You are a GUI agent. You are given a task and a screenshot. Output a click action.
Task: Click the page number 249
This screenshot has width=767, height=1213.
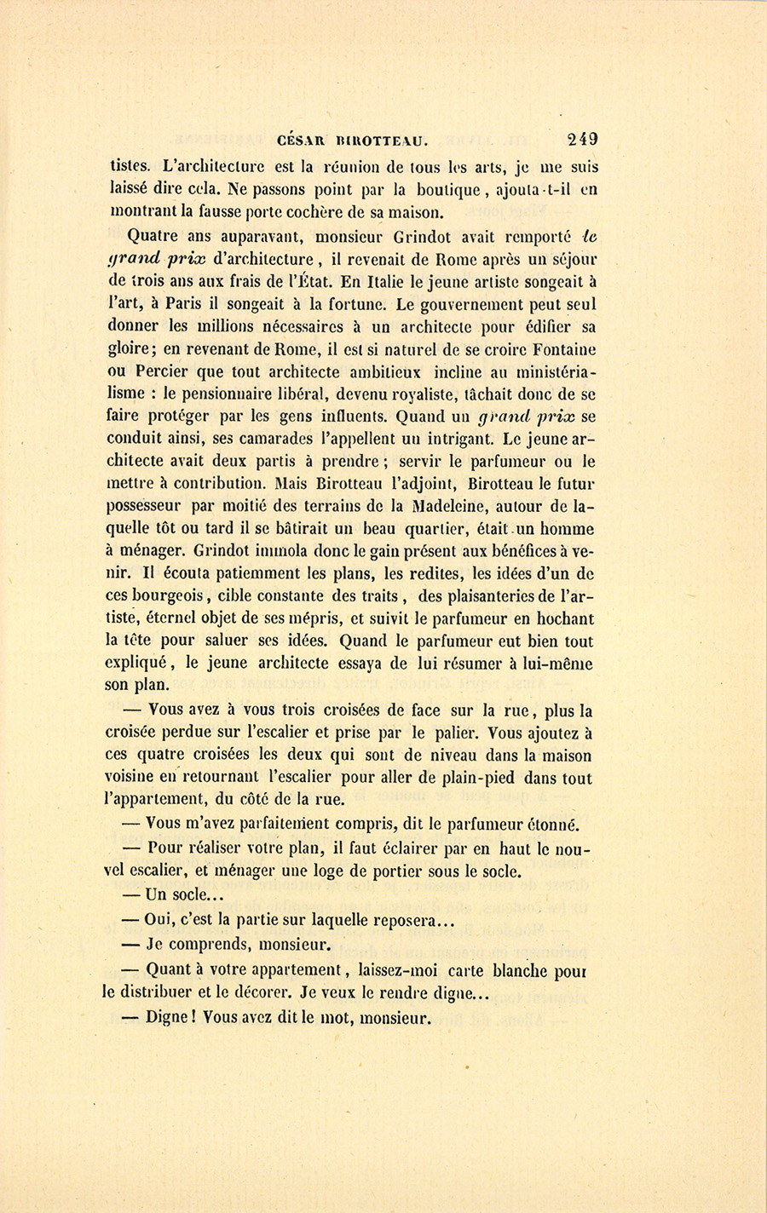pos(580,139)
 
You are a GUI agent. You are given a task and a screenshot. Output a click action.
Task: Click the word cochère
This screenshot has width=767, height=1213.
pos(333,210)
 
